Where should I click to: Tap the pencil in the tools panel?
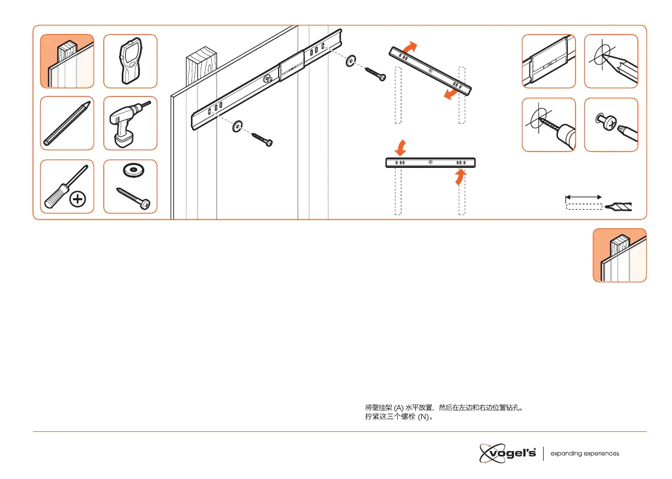(66, 123)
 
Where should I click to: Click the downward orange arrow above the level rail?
(400, 147)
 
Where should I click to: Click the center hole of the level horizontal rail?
(431, 162)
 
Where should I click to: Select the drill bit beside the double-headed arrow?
(618, 206)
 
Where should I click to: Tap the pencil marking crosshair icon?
(611, 61)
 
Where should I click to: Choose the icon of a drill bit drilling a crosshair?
(548, 125)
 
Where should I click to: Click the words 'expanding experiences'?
(585, 454)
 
